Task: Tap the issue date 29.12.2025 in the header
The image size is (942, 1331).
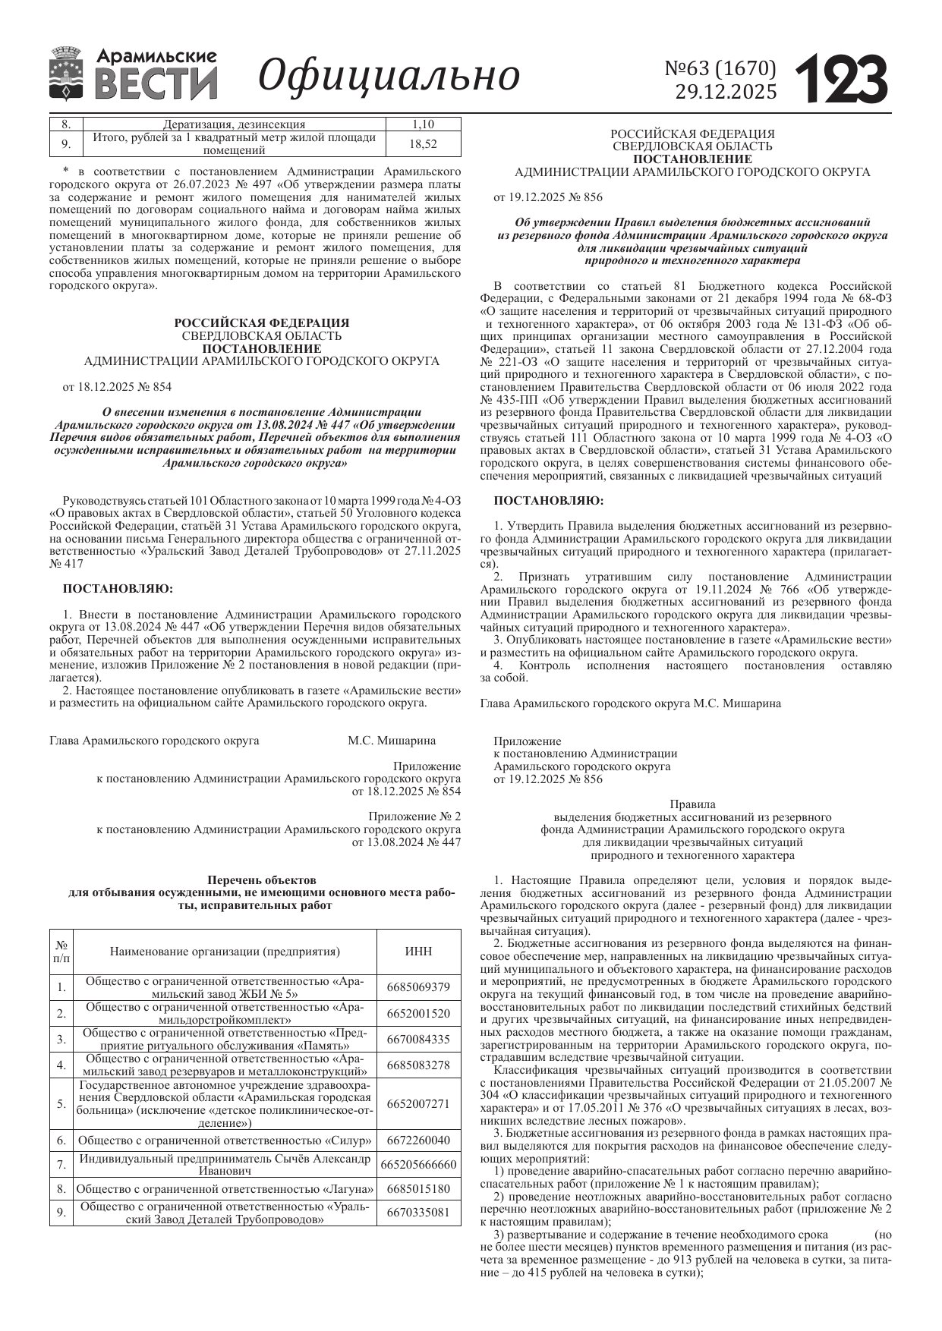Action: tap(726, 93)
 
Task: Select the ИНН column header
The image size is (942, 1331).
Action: tap(418, 952)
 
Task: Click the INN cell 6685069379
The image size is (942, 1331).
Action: tap(418, 987)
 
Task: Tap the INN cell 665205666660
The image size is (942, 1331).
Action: tap(418, 1164)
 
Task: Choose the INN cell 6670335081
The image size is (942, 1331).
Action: tap(418, 1213)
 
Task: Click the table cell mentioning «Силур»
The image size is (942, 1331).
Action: tap(225, 1140)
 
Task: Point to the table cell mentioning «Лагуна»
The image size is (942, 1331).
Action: tap(225, 1188)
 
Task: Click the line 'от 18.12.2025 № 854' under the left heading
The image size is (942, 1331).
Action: tap(117, 387)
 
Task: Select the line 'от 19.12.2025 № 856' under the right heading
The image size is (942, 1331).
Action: tap(548, 197)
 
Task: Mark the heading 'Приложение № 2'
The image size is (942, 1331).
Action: tap(414, 817)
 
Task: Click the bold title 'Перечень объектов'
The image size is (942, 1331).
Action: tap(261, 880)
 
